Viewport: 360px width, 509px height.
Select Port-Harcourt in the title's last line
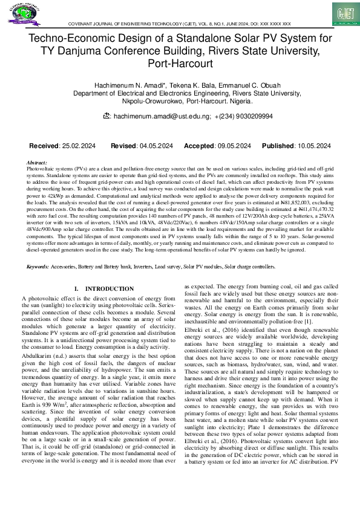click(x=180, y=62)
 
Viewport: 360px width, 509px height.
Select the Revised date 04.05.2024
click(x=156, y=146)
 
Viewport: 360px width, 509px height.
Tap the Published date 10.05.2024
click(x=313, y=146)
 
